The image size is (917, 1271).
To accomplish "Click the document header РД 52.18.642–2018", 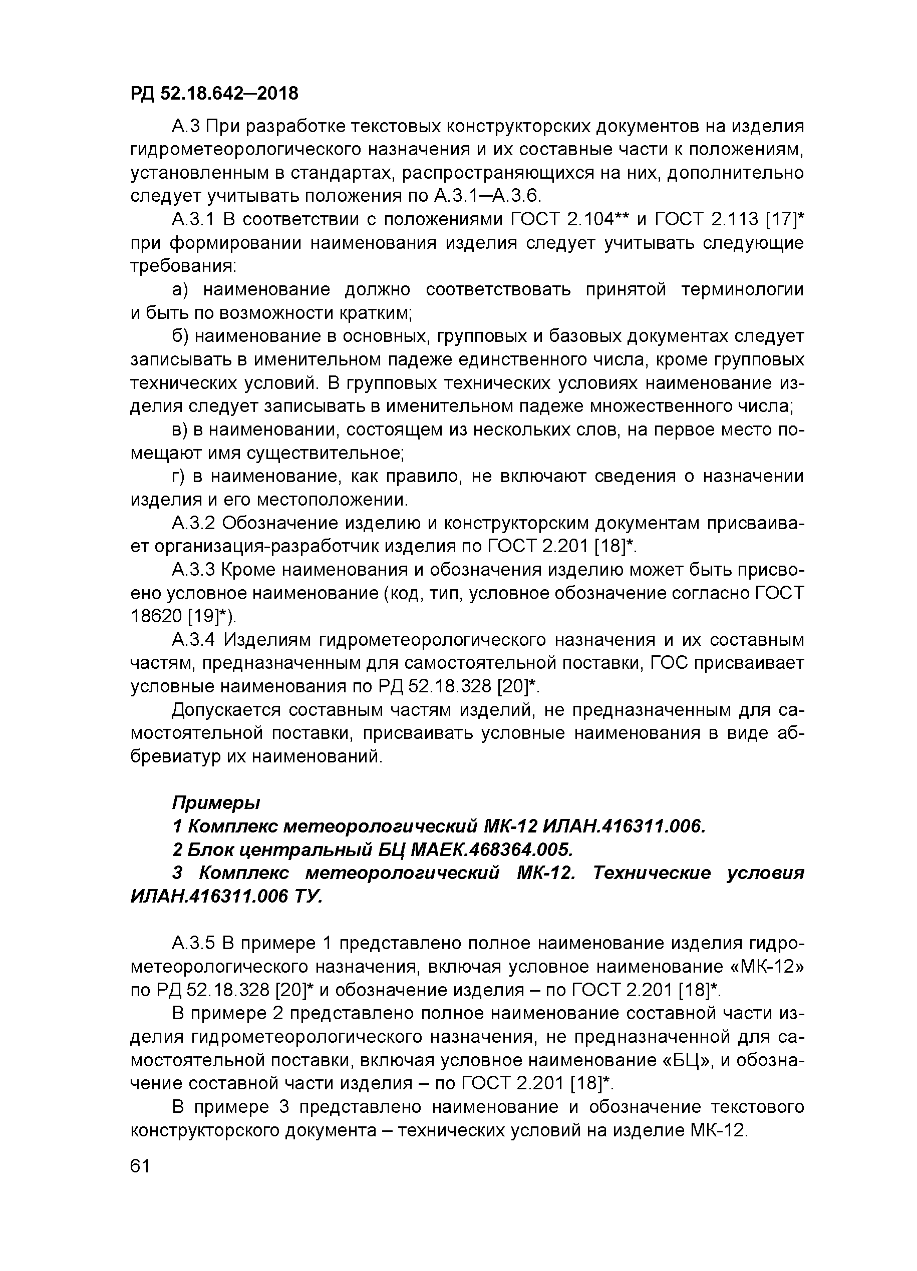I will pos(214,94).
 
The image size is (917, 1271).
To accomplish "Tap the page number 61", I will pos(140,1166).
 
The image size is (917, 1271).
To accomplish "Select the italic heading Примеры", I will pos(216,802).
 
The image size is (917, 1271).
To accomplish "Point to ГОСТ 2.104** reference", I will pos(568,219).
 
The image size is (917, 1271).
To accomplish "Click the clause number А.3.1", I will pos(193,219).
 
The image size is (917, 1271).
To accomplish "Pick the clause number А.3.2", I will pos(193,523).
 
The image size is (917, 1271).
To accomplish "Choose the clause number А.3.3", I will pos(193,569).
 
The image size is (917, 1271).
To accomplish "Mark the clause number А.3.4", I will pos(193,639).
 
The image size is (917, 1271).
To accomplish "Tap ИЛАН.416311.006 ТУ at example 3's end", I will pos(226,897).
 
